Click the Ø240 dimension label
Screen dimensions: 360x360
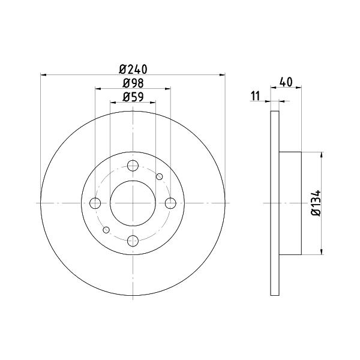click(x=133, y=69)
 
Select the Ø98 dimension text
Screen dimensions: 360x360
click(x=133, y=83)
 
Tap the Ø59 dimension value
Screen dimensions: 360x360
click(x=133, y=97)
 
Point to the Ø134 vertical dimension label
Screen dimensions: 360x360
click(x=316, y=203)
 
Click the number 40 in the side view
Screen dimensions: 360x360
click(x=286, y=82)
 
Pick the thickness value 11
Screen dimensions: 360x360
click(x=256, y=96)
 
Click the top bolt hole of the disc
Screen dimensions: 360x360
click(x=133, y=166)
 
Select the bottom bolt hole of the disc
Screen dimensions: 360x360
click(x=133, y=241)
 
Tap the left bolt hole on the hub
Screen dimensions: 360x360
click(x=95, y=203)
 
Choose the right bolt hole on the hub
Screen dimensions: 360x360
click(x=170, y=203)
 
